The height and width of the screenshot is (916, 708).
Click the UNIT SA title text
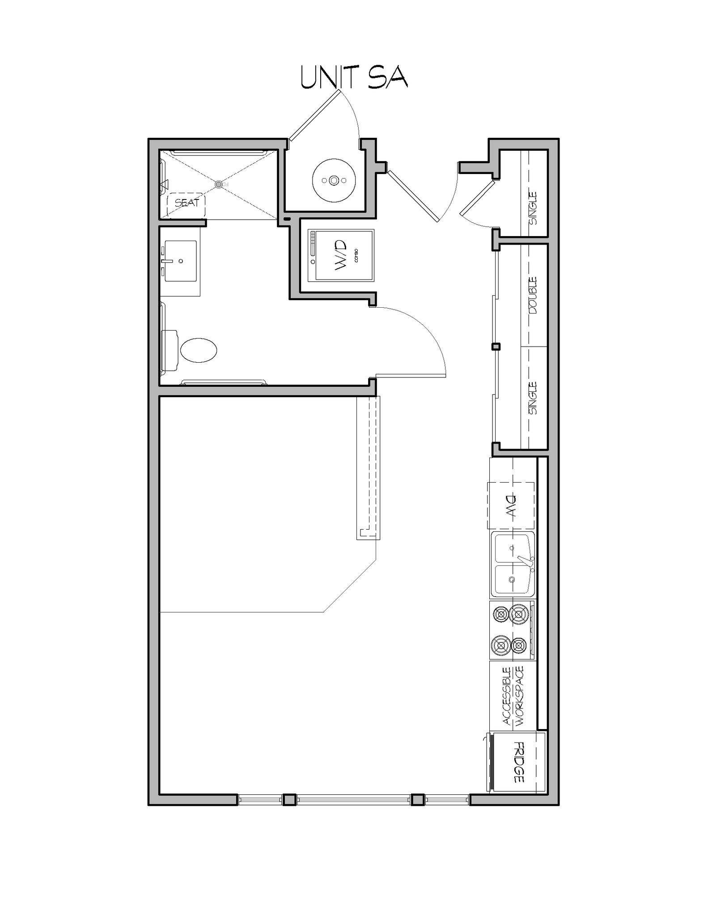coord(354,78)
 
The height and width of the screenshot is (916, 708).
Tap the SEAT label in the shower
coord(187,203)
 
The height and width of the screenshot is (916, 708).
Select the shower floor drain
coord(218,184)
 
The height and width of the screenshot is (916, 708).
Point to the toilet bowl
coord(199,350)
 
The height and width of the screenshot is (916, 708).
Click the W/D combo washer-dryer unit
coord(341,255)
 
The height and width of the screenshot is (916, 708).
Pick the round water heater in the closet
coord(334,180)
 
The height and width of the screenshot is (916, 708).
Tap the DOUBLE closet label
coord(533,295)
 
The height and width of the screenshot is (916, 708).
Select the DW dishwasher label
coord(511,506)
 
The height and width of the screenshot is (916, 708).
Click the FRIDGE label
coord(519,762)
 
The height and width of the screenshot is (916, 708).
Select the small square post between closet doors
coord(496,347)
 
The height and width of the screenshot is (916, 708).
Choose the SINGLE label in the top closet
coord(533,208)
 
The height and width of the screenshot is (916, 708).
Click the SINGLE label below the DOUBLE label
coord(533,398)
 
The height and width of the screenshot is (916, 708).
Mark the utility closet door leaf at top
coord(314,115)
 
